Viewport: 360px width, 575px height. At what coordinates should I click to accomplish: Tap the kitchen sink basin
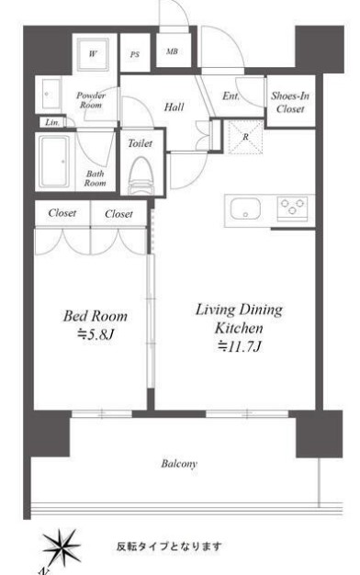pos(245,208)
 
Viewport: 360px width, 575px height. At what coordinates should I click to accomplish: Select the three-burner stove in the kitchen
pos(292,209)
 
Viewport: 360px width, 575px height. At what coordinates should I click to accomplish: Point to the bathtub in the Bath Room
pos(54,162)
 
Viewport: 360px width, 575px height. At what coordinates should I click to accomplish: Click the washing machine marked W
pos(93,54)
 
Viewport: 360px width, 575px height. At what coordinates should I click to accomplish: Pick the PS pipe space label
pos(135,54)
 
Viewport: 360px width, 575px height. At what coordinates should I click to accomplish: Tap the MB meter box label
pos(172,51)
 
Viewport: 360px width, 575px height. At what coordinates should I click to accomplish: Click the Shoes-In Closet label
pos(290,102)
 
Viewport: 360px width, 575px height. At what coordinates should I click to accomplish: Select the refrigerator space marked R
pos(245,137)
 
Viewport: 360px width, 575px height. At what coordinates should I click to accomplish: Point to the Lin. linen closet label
pos(52,122)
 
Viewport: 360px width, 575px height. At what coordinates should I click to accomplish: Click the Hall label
pos(174,107)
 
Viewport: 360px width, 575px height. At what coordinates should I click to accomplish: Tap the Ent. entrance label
pos(231,96)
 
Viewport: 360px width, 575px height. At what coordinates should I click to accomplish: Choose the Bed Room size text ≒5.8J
pos(96,334)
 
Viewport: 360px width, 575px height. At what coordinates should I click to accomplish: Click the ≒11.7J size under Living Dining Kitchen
pos(239,345)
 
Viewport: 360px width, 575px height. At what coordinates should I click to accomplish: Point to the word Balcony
pos(179,464)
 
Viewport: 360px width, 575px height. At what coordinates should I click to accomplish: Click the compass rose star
pos(60,547)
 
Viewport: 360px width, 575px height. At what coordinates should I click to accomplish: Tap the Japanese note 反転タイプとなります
pos(169,547)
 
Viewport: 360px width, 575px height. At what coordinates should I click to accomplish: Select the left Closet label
pos(62,213)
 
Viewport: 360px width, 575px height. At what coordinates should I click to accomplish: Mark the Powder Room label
pos(91,100)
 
